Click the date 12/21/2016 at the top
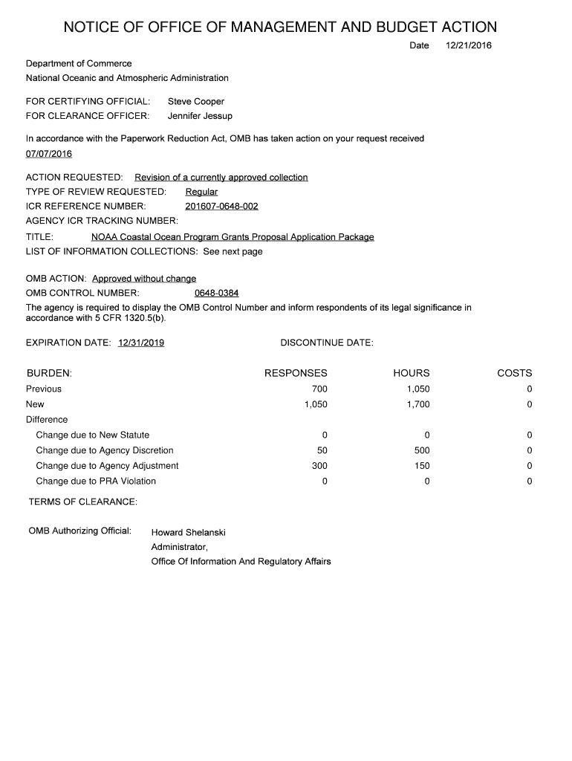click(468, 46)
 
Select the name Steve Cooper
click(196, 101)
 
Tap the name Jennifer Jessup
click(200, 116)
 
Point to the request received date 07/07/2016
click(49, 154)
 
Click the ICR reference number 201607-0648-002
click(221, 206)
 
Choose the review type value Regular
click(201, 192)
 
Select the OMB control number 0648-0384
click(216, 293)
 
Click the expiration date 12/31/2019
click(141, 343)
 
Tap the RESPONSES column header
click(296, 373)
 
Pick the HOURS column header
click(412, 373)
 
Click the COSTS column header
click(514, 373)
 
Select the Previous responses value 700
click(319, 389)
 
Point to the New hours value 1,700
click(418, 404)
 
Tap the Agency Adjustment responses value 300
click(319, 466)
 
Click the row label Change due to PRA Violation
click(96, 481)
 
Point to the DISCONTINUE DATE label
click(327, 343)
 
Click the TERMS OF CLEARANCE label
click(83, 502)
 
